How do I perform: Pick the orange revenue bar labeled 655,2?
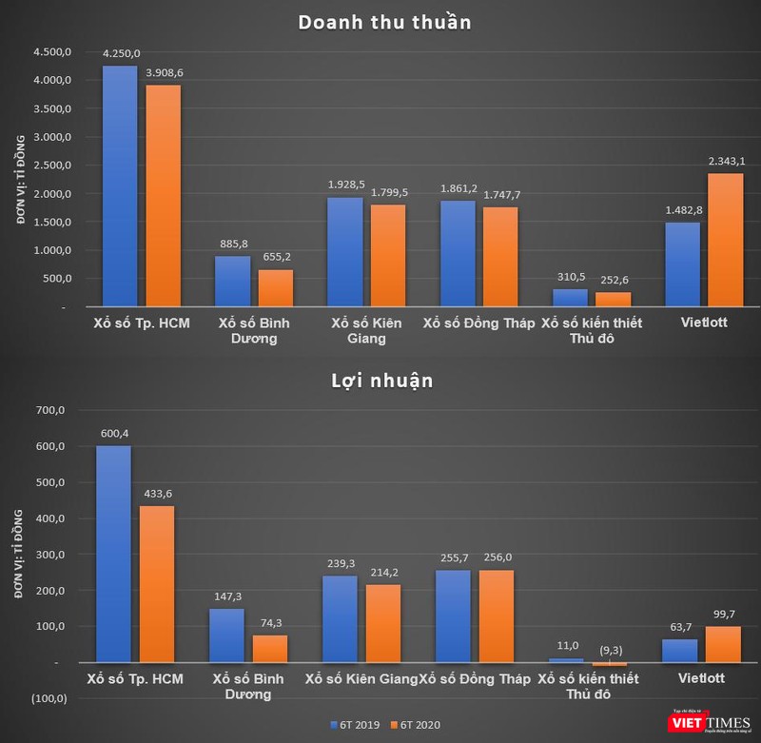click(275, 288)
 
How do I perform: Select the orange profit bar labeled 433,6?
click(157, 583)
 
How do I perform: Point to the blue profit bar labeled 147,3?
click(227, 635)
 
